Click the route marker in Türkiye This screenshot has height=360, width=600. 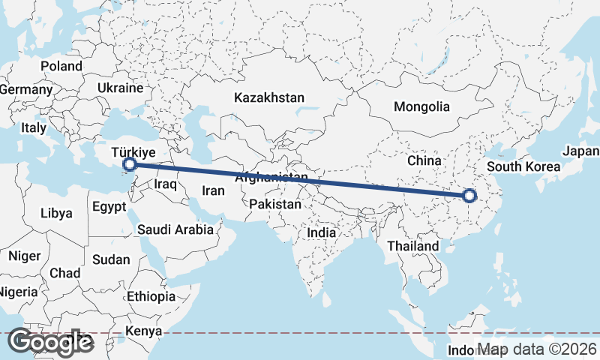click(129, 163)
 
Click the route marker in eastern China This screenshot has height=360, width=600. click(469, 196)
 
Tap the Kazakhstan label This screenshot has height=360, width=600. click(269, 97)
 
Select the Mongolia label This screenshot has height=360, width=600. click(421, 106)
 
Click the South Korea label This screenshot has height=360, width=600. click(523, 166)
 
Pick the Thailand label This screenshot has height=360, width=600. click(412, 246)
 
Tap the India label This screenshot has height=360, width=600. click(321, 233)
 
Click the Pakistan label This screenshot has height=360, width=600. click(276, 204)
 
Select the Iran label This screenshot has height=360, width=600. click(213, 190)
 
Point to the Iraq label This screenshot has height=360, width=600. click(164, 184)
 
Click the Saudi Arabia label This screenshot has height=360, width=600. click(175, 230)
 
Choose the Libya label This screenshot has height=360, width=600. click(57, 213)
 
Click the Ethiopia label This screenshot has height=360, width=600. click(151, 296)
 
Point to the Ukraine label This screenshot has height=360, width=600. click(120, 88)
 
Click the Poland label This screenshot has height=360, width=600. click(61, 66)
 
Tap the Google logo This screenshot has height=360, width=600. click(50, 342)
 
